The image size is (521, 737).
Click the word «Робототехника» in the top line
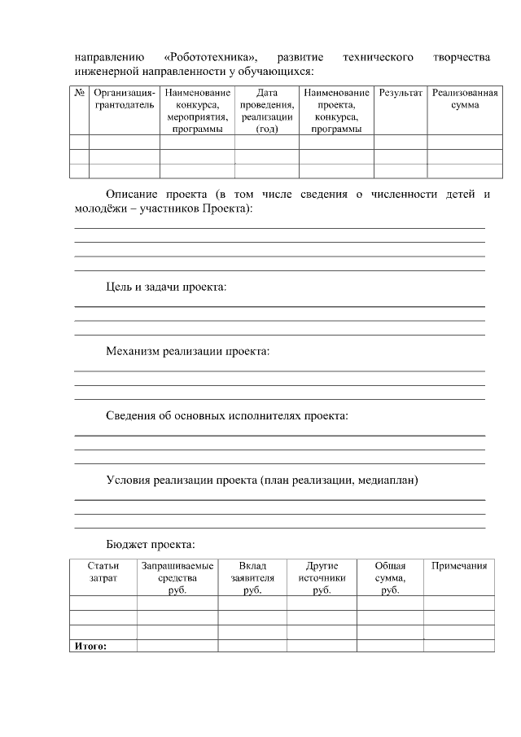(211, 58)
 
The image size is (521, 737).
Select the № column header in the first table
(79, 94)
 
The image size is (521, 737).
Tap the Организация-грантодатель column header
(124, 99)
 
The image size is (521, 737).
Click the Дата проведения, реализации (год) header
(266, 111)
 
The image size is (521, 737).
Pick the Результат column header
(401, 94)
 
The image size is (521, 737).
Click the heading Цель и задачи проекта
(166, 287)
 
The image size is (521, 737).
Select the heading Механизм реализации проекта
(187, 352)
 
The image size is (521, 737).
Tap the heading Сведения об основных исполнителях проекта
(226, 416)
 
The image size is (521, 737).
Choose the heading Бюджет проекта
(150, 544)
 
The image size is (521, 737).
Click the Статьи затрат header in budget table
(103, 572)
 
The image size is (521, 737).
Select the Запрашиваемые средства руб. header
(177, 577)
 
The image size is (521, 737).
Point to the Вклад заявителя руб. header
(252, 577)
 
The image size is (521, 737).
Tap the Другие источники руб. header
(322, 577)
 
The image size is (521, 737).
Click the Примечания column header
(458, 566)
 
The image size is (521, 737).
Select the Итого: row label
(91, 647)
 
